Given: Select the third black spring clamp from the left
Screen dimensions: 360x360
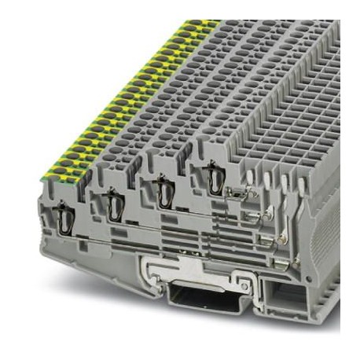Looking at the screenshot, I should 164,191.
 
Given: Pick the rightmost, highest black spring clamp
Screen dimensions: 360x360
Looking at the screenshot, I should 211,176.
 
